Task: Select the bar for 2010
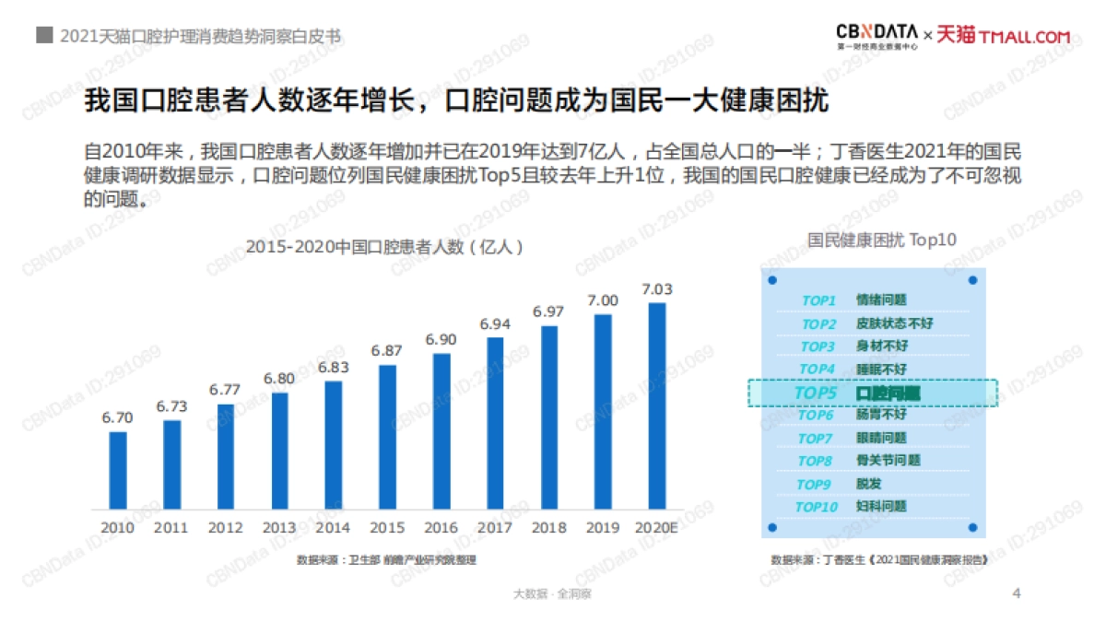click(x=118, y=470)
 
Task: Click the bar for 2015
click(x=387, y=437)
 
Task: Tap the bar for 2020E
click(x=656, y=405)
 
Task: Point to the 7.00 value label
click(x=603, y=300)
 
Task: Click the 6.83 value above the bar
click(x=333, y=367)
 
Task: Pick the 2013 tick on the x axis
click(x=279, y=528)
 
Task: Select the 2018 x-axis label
click(x=549, y=528)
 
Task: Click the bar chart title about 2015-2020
click(x=385, y=247)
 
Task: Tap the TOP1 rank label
click(x=818, y=300)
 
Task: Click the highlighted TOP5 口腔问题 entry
click(x=871, y=393)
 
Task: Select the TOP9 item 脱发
click(x=869, y=483)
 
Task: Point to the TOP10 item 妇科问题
click(x=881, y=506)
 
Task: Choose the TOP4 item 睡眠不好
click(x=881, y=369)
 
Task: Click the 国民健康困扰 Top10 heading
click(x=882, y=240)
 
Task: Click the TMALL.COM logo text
click(x=1026, y=37)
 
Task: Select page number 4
click(x=1017, y=593)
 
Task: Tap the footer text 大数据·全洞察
click(x=552, y=594)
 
